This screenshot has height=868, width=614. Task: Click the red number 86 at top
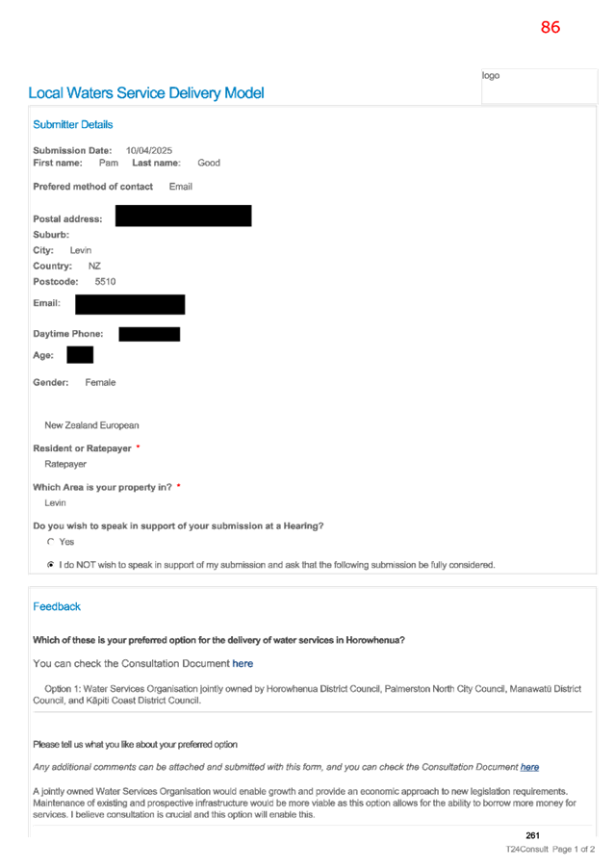tap(550, 27)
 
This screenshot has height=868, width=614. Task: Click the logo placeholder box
tap(539, 87)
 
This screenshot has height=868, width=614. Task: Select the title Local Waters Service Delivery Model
tap(146, 93)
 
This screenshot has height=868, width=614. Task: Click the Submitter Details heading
tap(72, 124)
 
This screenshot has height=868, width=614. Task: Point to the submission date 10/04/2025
tap(149, 150)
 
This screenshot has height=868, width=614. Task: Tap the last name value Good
tap(209, 163)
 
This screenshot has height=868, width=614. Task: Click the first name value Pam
tap(109, 163)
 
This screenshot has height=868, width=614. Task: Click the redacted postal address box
tap(183, 216)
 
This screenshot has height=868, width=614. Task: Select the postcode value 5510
tap(105, 281)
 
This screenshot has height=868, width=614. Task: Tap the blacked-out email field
tap(130, 304)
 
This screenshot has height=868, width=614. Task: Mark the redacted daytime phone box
tap(149, 334)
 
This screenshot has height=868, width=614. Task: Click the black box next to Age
tap(80, 355)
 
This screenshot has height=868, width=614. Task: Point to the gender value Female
tap(100, 383)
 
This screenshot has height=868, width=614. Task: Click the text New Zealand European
tap(91, 425)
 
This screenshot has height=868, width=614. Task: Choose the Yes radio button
tap(51, 542)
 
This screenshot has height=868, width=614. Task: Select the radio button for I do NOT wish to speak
tap(51, 565)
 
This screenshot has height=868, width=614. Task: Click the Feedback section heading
tap(57, 606)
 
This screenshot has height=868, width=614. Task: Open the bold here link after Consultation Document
tap(243, 663)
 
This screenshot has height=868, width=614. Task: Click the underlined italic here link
tap(530, 767)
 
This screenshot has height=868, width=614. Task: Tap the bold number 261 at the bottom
tap(532, 835)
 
